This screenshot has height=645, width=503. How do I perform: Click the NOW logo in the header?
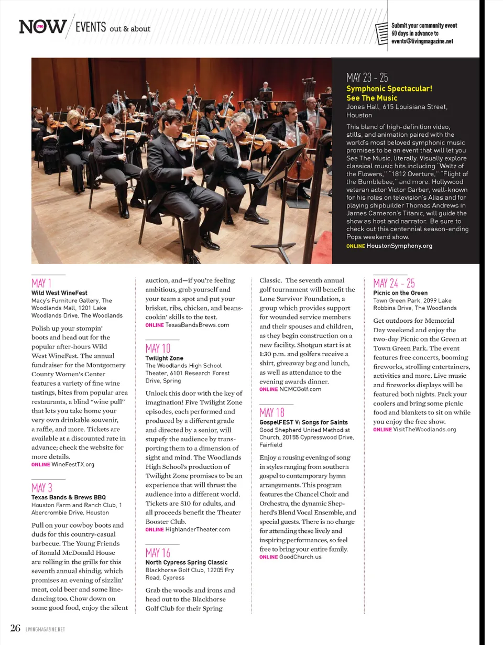click(x=43, y=27)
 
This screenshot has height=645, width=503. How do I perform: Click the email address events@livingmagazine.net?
click(x=422, y=41)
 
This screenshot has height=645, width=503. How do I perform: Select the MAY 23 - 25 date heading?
click(x=367, y=78)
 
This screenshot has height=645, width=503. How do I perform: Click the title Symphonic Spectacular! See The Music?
click(x=389, y=93)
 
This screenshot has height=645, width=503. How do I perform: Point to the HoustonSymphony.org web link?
click(x=399, y=246)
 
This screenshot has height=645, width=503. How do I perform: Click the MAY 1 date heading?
click(x=41, y=283)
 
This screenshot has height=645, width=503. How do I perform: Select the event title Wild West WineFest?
click(x=59, y=293)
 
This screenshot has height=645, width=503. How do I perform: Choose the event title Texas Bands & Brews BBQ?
click(x=69, y=497)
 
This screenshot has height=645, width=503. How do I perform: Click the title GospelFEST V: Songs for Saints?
click(x=303, y=422)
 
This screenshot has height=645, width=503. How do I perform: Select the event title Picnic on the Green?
click(x=400, y=293)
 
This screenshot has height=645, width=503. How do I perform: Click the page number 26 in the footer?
click(x=14, y=628)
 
